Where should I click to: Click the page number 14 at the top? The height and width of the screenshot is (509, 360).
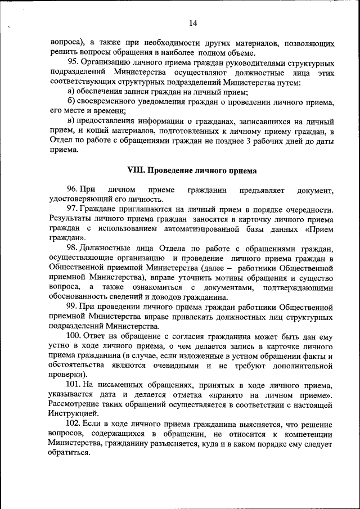pyautogui.click(x=192, y=23)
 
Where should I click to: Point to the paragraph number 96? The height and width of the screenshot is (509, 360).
pyautogui.click(x=72, y=190)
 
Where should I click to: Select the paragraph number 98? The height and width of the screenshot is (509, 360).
pyautogui.click(x=72, y=248)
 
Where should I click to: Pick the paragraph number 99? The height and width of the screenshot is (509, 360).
pyautogui.click(x=72, y=307)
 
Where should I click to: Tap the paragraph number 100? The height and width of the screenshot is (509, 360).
pyautogui.click(x=74, y=336)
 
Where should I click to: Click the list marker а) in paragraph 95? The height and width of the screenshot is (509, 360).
pyautogui.click(x=71, y=91)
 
